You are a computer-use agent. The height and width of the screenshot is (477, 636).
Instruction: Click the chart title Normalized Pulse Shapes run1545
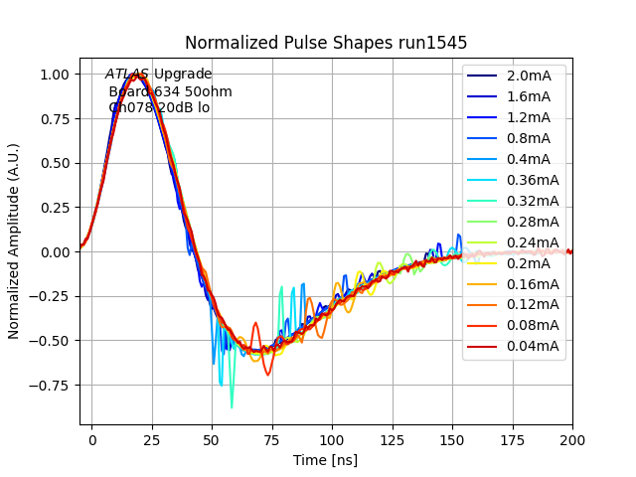point(326,43)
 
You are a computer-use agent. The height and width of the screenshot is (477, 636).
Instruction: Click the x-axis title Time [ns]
point(326,460)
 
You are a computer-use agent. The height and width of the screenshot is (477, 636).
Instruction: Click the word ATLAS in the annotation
point(127,75)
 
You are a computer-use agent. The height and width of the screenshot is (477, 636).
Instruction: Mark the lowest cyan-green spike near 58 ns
point(232,406)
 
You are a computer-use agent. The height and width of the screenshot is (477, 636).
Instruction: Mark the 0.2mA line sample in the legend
point(484,263)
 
